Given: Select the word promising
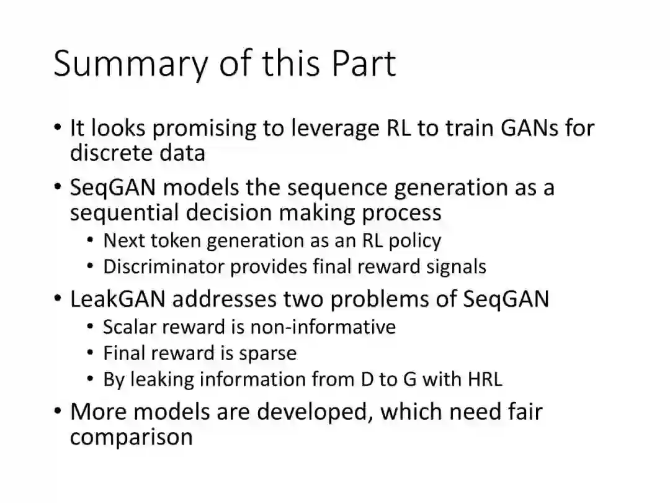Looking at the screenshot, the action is (x=204, y=129).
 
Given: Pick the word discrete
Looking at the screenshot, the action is (x=110, y=153).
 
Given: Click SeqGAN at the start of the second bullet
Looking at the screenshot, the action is (x=113, y=188).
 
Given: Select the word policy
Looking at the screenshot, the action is (x=414, y=241).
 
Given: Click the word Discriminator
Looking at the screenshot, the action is (x=164, y=266).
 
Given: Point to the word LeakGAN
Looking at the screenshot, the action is (x=117, y=299).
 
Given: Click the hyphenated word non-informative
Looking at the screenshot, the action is (x=323, y=327).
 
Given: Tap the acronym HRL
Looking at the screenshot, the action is (x=485, y=379).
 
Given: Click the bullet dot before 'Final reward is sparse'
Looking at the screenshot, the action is (x=90, y=353).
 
